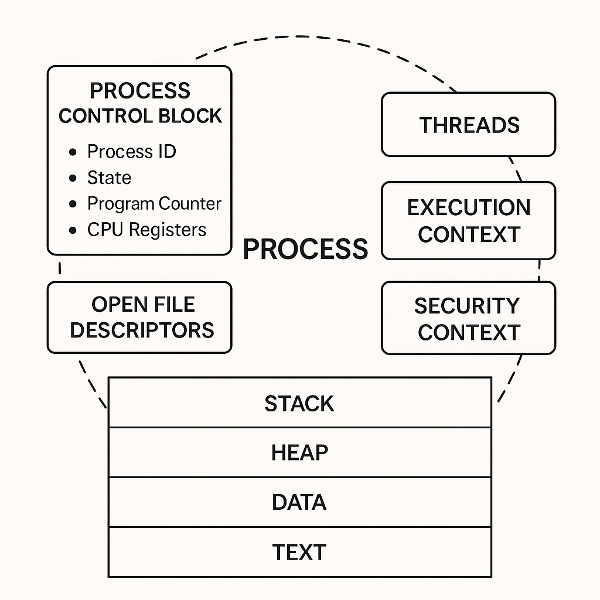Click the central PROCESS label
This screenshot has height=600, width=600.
coord(305,249)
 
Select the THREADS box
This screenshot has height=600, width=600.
coord(468,125)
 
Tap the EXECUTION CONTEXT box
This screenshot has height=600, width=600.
coord(468,221)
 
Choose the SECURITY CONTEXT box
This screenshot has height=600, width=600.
coord(468,318)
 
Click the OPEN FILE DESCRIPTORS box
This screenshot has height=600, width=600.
coord(139,318)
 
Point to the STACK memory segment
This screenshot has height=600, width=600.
coord(299,403)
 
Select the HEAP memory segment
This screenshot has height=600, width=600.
coord(299,452)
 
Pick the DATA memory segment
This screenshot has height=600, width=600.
coord(299,502)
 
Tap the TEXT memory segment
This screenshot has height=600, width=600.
coord(299,552)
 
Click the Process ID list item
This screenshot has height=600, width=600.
coord(131,152)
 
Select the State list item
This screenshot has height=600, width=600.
coord(109,178)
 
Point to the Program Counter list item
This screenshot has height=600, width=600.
coord(154,204)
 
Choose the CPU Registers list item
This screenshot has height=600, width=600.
coord(146,230)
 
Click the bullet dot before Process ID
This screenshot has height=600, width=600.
coord(73,152)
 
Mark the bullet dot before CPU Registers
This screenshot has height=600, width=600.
coord(73,230)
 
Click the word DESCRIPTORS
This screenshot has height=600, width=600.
coord(142,330)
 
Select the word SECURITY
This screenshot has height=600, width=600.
coord(467,306)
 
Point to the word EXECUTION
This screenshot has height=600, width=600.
coord(469,208)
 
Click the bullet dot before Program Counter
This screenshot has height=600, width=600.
coord(73,204)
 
